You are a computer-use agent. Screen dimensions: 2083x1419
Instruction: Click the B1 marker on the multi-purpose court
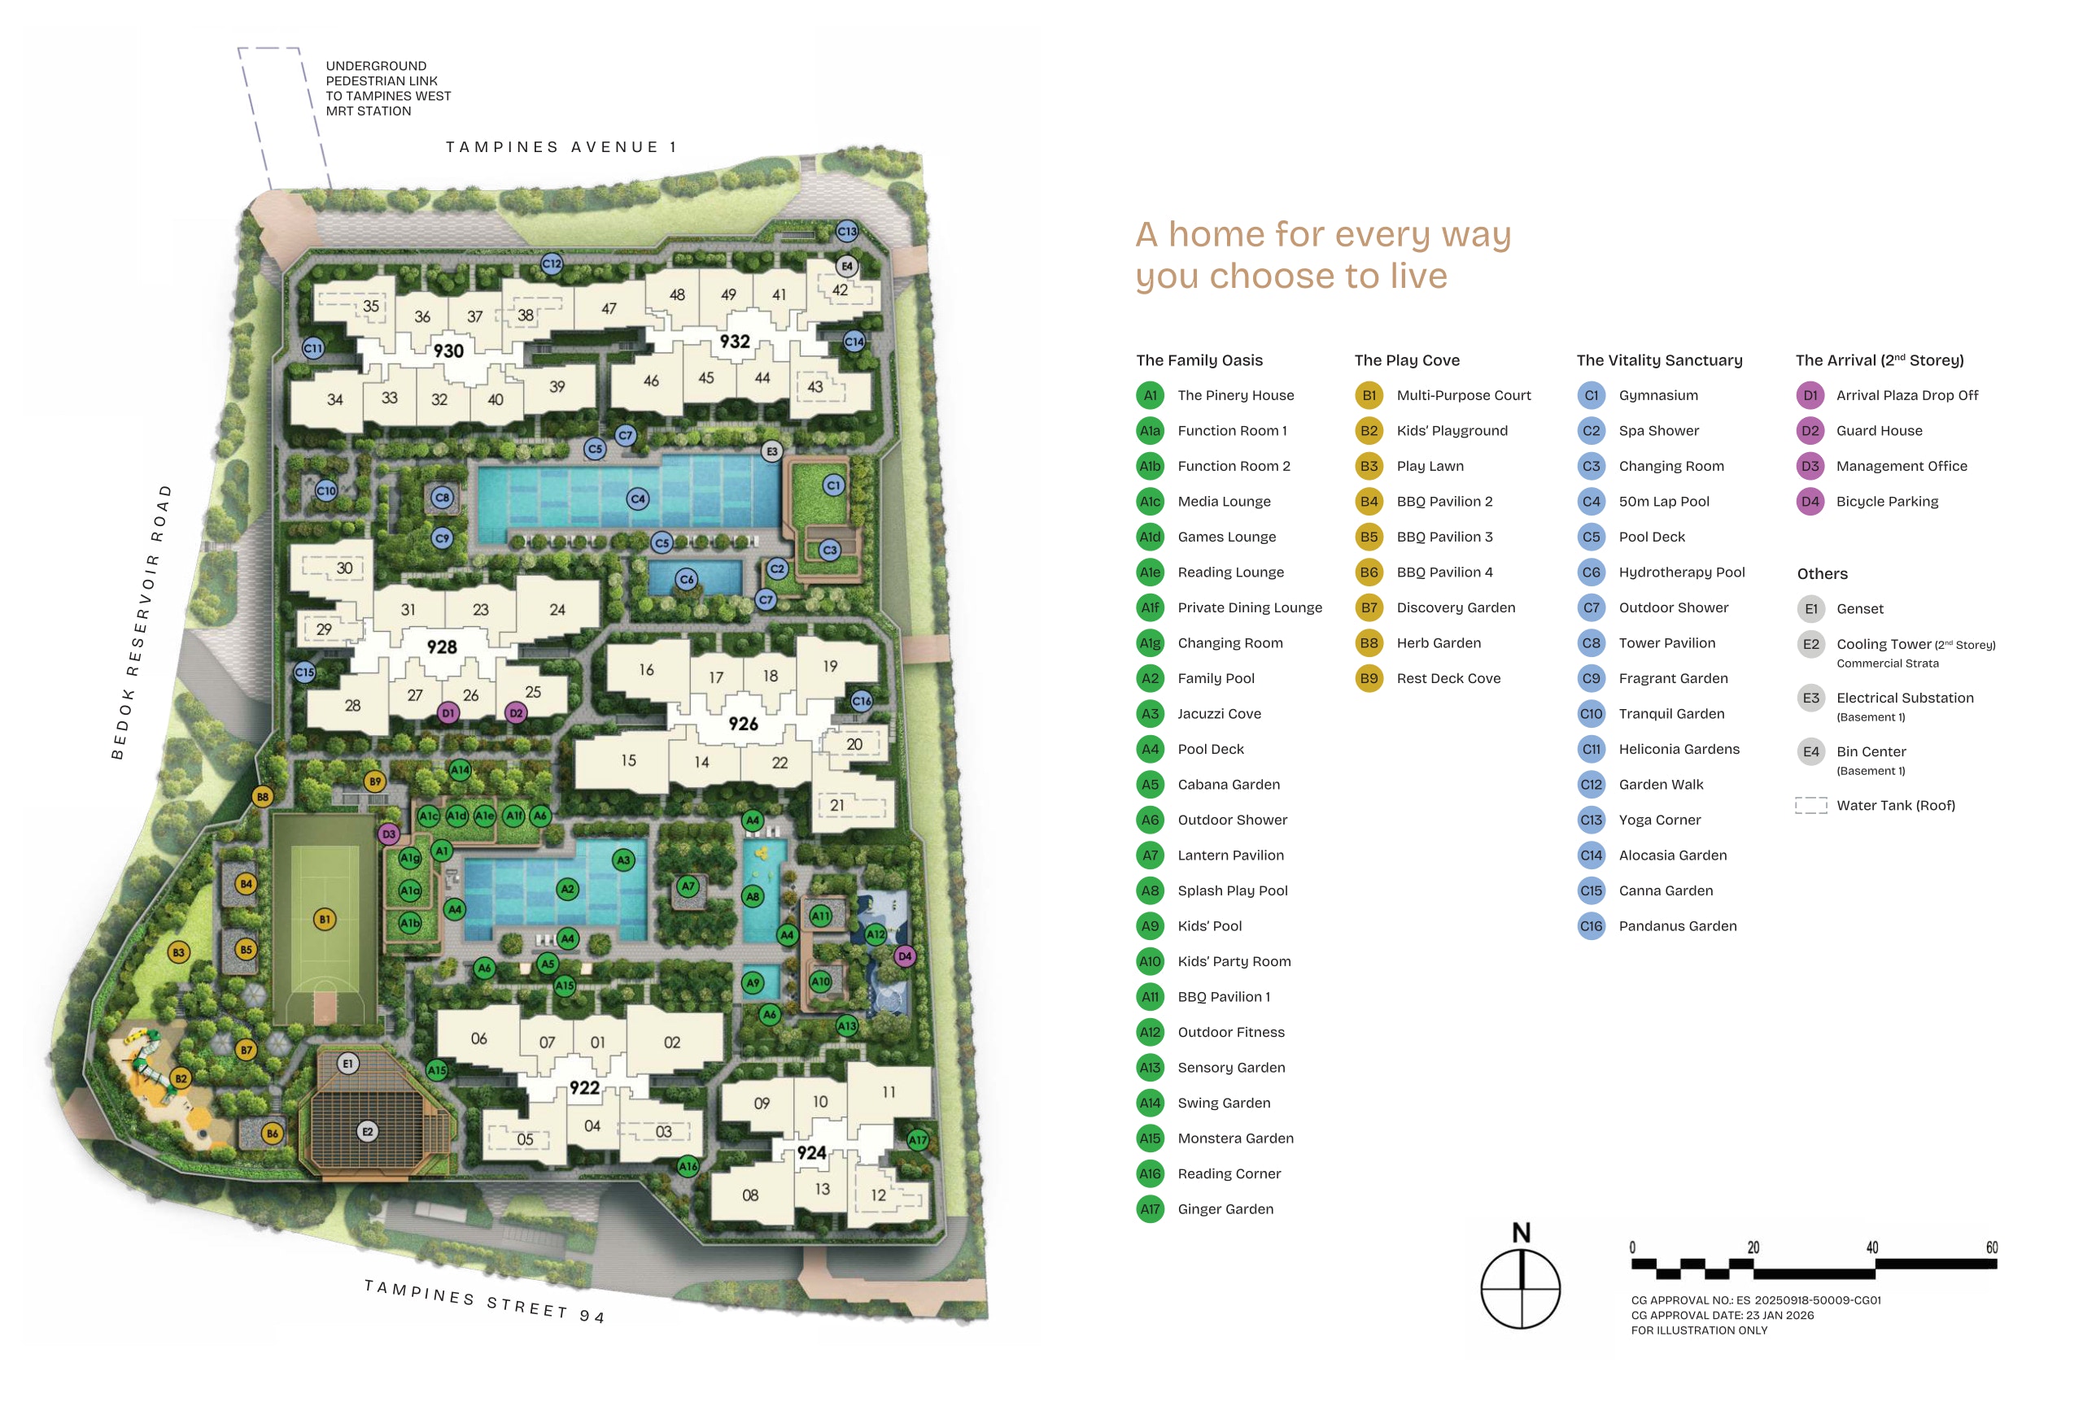click(x=325, y=918)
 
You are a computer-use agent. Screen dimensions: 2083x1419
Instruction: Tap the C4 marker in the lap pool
click(x=637, y=498)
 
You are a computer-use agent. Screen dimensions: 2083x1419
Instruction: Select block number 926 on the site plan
click(x=743, y=724)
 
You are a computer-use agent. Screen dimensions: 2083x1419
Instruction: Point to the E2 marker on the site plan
click(x=367, y=1131)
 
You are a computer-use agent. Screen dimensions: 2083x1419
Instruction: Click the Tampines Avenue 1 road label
click(x=561, y=147)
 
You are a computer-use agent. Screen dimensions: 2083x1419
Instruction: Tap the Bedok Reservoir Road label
click(x=141, y=622)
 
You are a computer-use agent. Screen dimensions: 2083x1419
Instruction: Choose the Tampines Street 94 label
click(x=485, y=1301)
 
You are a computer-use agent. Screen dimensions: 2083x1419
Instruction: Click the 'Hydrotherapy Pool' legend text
click(x=1682, y=572)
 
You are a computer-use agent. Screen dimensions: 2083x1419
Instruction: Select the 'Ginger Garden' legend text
click(x=1225, y=1209)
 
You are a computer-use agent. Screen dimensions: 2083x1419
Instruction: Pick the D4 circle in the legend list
click(x=1810, y=502)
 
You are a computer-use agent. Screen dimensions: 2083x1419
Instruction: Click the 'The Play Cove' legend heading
click(x=1407, y=360)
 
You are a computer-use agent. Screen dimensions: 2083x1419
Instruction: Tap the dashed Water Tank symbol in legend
click(x=1810, y=805)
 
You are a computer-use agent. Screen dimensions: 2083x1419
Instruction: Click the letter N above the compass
click(x=1521, y=1234)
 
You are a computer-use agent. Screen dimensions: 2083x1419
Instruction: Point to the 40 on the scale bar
click(x=1872, y=1248)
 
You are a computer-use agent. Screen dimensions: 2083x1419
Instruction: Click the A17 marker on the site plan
click(x=918, y=1140)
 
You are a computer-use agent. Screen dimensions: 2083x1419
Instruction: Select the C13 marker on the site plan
click(x=847, y=231)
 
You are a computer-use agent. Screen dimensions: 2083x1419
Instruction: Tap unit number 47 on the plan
click(x=609, y=309)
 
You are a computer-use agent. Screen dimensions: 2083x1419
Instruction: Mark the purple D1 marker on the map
click(x=448, y=713)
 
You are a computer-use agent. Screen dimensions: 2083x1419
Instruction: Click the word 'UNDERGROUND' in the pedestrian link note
click(x=376, y=67)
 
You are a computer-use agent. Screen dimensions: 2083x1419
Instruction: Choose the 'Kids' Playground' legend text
click(x=1452, y=431)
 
